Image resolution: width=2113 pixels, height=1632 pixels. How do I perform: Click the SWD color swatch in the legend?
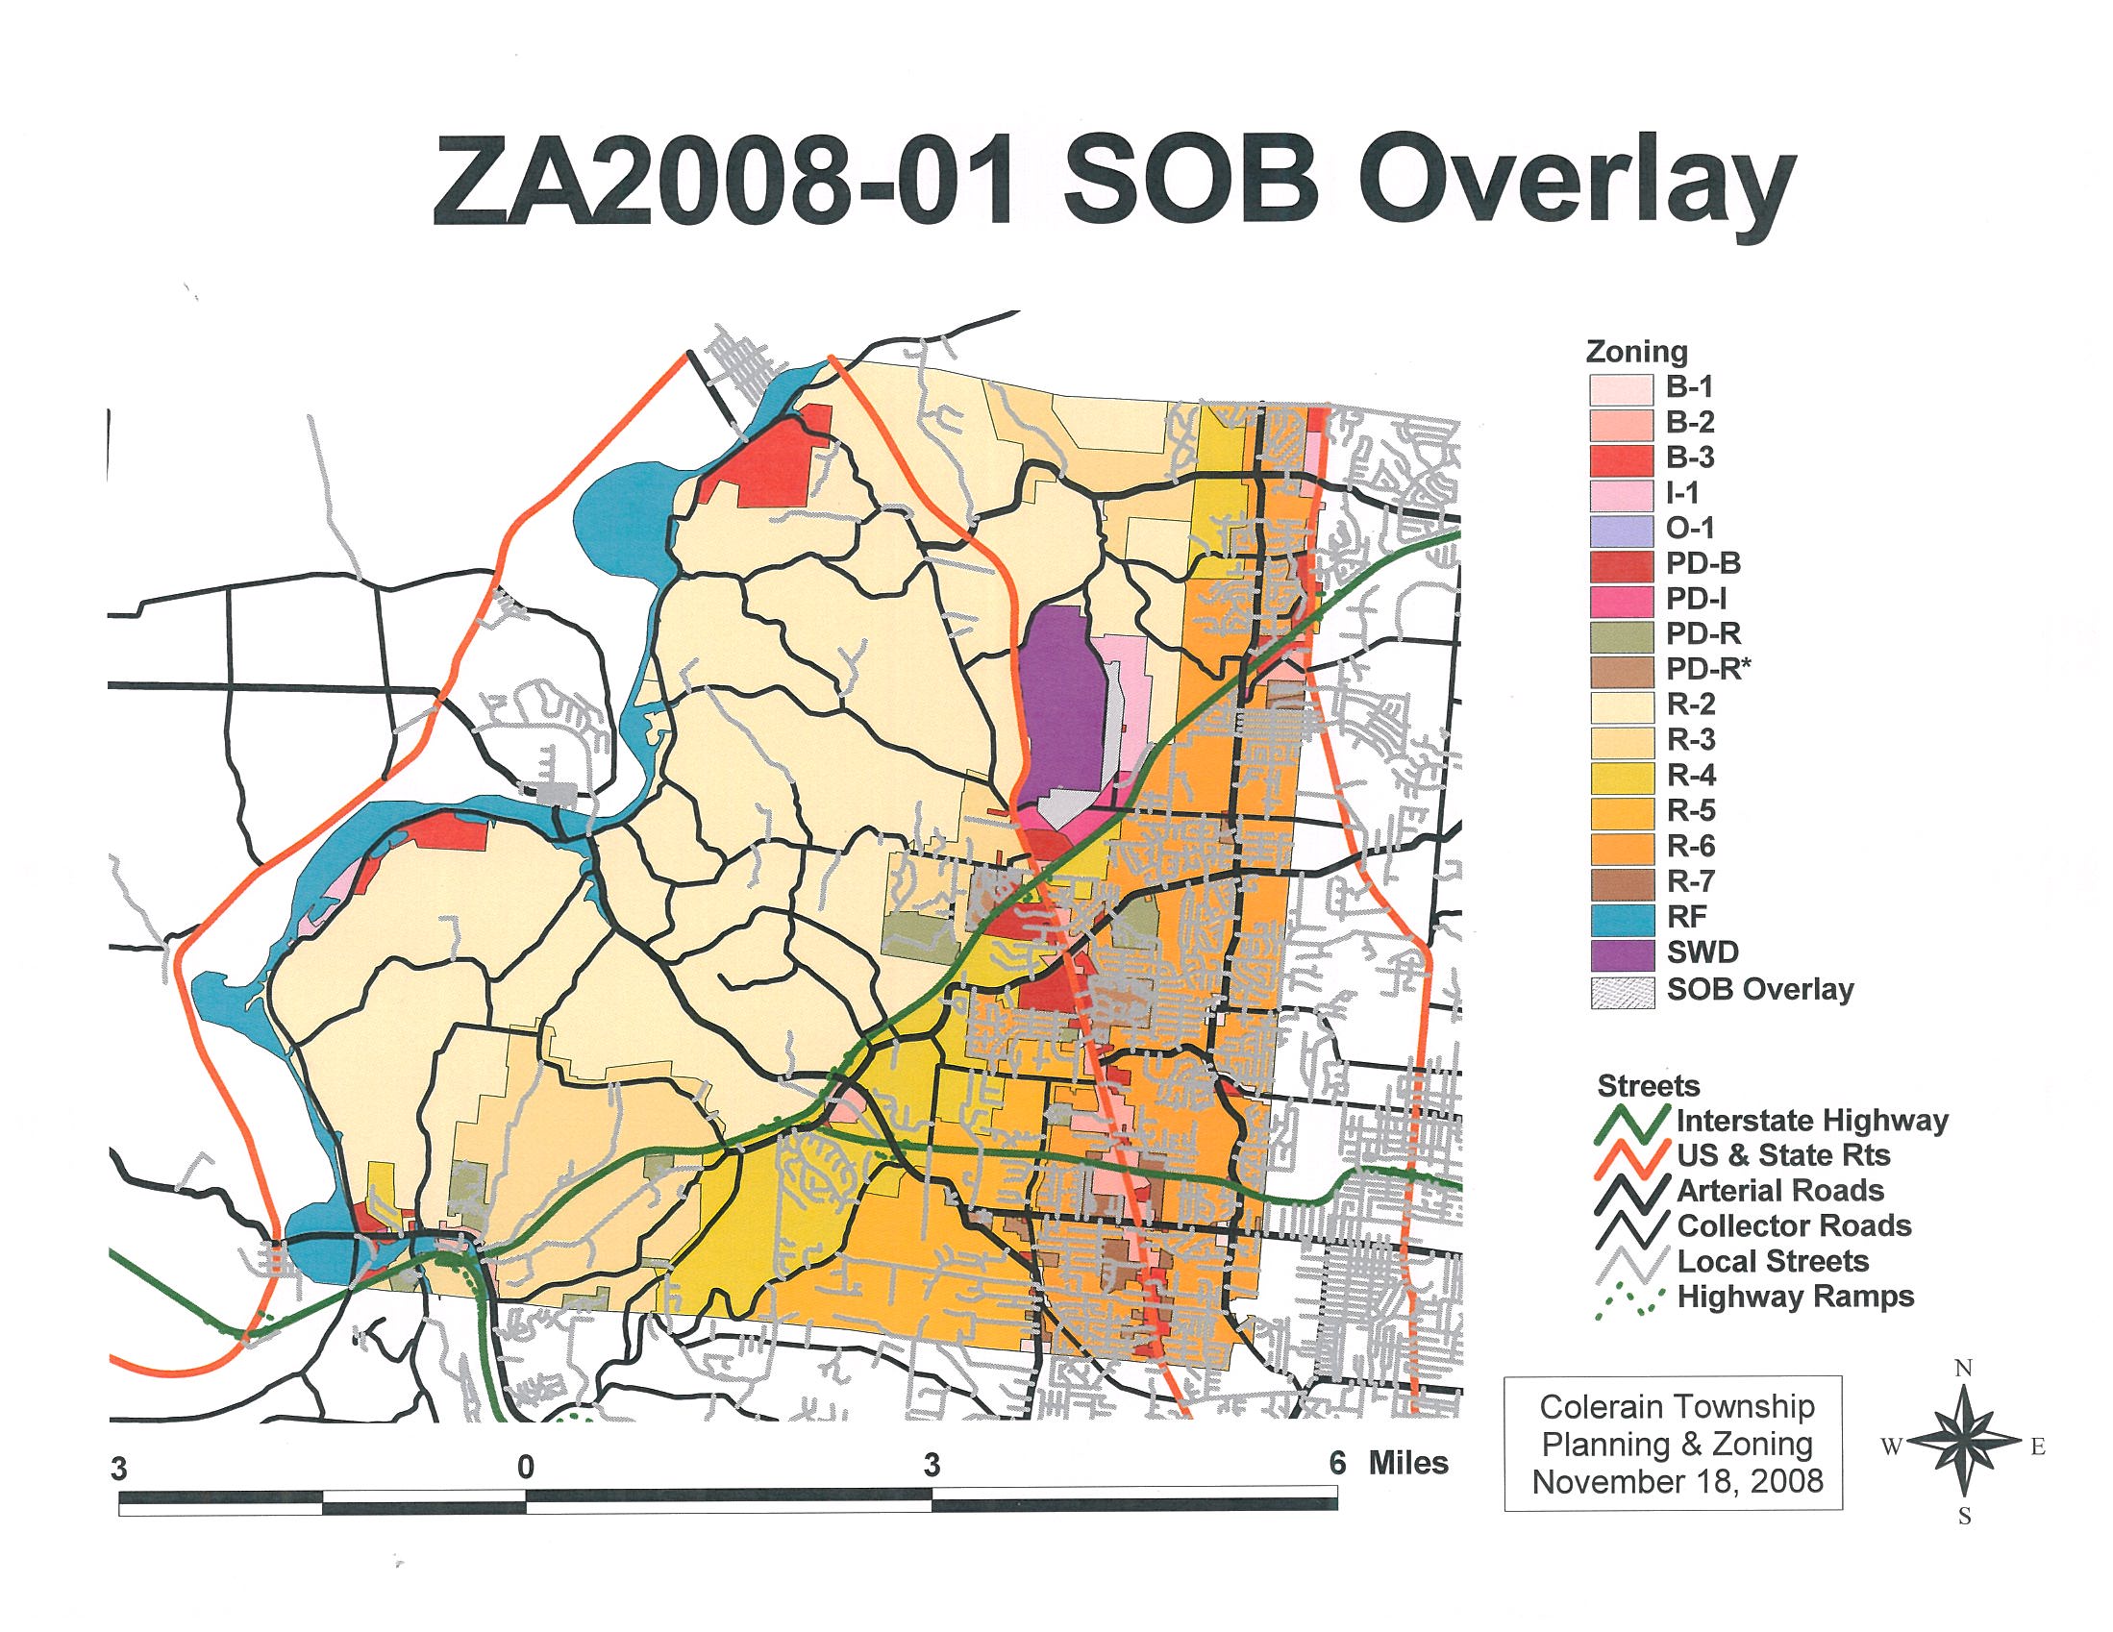1622,952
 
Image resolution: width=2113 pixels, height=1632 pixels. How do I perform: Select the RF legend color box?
1622,917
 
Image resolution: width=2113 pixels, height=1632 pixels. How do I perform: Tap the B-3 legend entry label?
1690,457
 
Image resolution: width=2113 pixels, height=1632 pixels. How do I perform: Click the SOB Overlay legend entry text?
1760,990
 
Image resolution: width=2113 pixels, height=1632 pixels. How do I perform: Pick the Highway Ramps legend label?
1796,1297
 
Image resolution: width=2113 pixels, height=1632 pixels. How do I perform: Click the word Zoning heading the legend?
1637,352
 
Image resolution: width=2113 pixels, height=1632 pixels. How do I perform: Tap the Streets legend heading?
1649,1085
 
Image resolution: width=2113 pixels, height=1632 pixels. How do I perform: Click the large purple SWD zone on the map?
1062,706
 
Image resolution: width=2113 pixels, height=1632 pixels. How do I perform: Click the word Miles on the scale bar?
1407,1463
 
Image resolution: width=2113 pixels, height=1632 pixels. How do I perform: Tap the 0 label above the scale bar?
525,1468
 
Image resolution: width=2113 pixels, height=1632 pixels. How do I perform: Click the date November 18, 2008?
1678,1481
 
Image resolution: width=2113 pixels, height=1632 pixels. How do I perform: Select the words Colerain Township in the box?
1678,1407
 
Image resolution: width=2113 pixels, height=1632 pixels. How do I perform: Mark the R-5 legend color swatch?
1622,810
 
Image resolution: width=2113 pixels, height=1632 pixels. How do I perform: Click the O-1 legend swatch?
1622,529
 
